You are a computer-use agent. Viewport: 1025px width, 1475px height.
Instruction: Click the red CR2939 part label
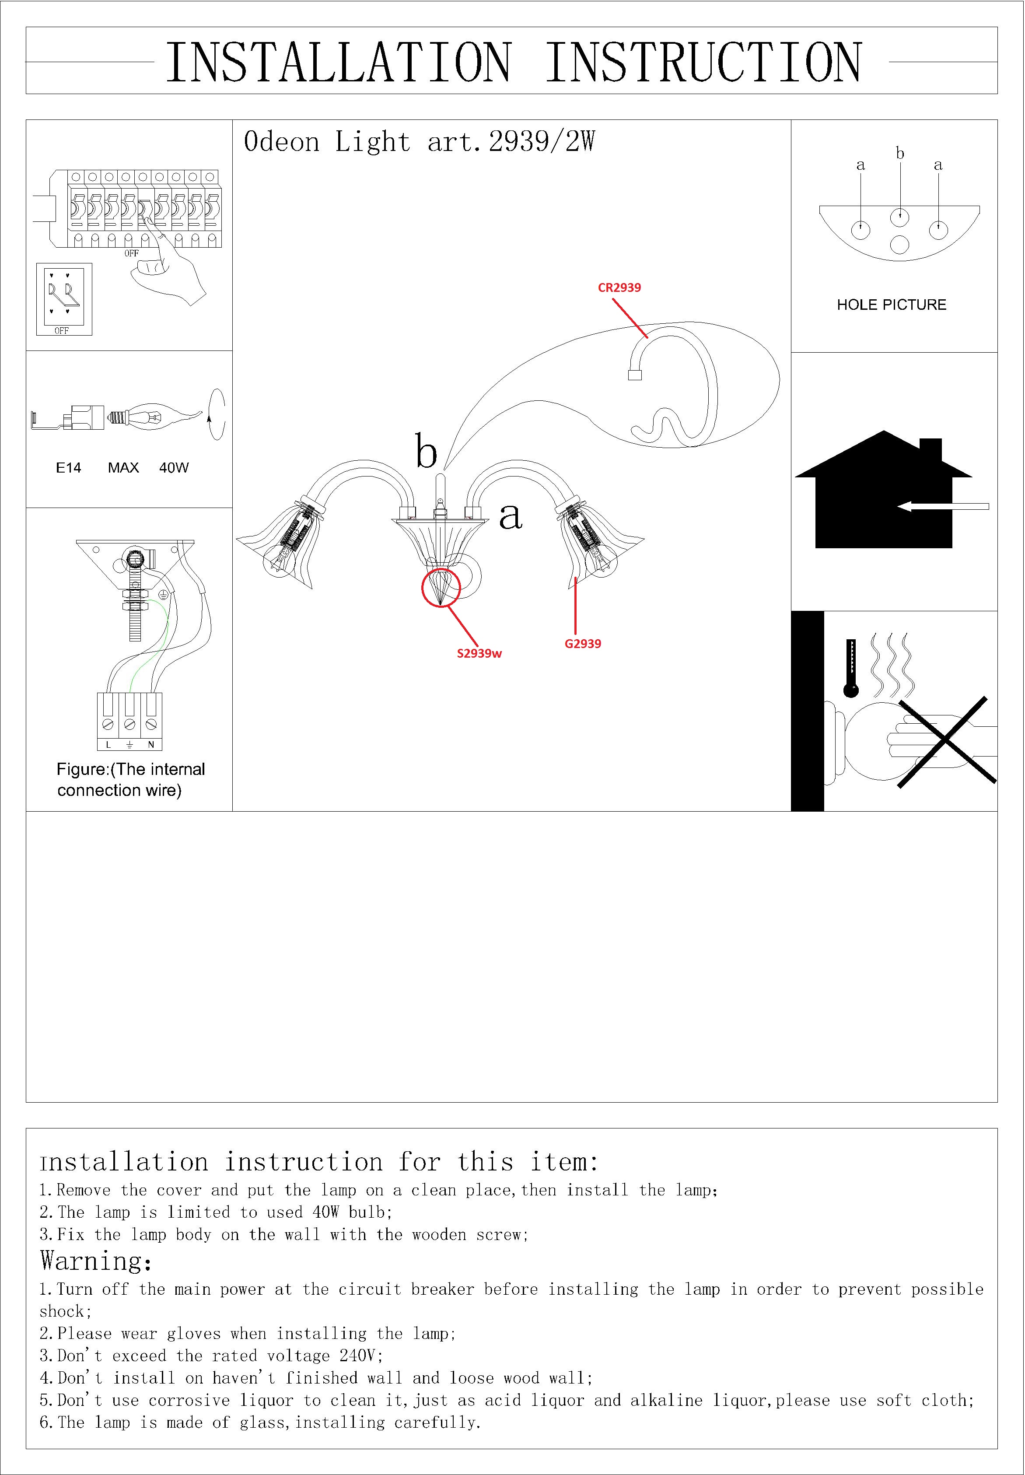pyautogui.click(x=619, y=288)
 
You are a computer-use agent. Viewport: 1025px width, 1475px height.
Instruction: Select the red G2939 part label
pyautogui.click(x=583, y=644)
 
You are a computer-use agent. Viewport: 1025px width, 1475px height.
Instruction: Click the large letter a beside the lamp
pyautogui.click(x=511, y=516)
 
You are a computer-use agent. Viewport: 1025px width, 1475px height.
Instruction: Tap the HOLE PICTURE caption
pyautogui.click(x=892, y=305)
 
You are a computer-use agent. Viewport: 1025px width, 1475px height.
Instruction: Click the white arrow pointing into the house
pyautogui.click(x=943, y=507)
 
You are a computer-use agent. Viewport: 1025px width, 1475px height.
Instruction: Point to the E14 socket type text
pyautogui.click(x=69, y=468)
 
